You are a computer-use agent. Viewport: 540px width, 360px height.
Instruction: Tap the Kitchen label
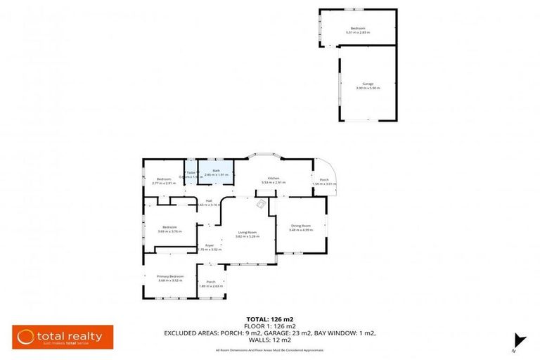point(271,179)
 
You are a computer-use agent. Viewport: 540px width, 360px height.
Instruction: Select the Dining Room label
point(301,225)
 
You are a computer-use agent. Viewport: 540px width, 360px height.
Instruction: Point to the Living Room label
point(246,232)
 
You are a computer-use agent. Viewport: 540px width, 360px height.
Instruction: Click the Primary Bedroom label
point(170,276)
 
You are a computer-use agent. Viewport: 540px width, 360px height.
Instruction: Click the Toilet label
point(191,172)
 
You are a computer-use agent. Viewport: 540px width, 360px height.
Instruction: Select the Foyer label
point(210,245)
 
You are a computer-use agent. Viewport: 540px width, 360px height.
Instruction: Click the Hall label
point(209,201)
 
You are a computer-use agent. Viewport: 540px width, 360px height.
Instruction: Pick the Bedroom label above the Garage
point(358,28)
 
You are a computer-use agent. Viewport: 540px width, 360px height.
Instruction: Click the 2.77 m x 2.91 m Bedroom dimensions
point(164,183)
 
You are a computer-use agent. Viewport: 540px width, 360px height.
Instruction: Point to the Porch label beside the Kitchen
point(324,180)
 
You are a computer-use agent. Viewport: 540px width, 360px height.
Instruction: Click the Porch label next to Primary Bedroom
point(211,282)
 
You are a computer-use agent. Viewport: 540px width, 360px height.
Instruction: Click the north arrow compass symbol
point(518,340)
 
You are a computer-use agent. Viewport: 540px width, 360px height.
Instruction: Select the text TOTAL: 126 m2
point(269,319)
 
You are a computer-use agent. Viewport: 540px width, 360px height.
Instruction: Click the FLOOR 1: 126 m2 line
point(269,326)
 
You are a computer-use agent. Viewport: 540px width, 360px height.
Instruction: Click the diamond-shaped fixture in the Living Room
point(260,205)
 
